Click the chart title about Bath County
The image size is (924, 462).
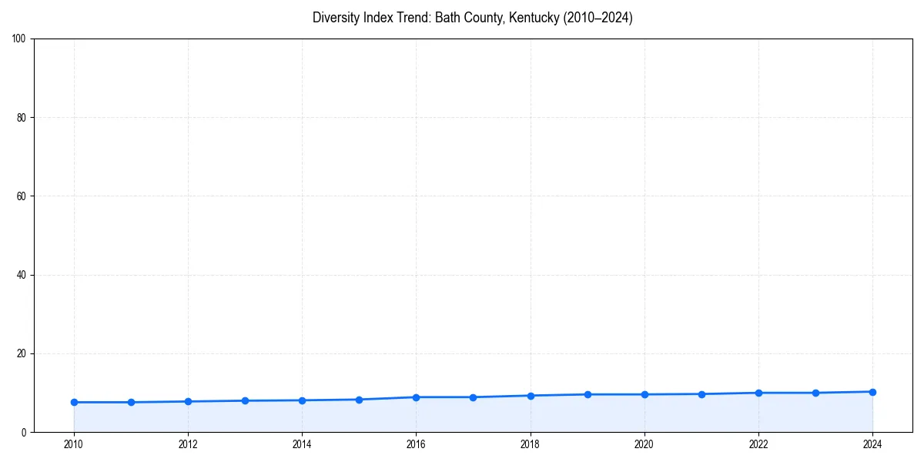tap(472, 18)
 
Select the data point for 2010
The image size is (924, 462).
tap(74, 402)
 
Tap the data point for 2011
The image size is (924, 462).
tap(131, 402)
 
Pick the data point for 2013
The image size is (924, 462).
tap(245, 400)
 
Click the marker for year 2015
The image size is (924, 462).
tap(359, 400)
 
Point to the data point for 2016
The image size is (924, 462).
tap(416, 397)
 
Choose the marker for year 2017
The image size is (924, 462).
tap(473, 397)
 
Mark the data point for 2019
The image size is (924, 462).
tap(588, 394)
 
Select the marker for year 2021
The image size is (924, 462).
tap(701, 394)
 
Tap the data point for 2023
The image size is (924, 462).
tap(815, 393)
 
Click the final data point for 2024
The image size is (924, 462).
tap(872, 392)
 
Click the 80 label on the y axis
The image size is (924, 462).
tap(22, 118)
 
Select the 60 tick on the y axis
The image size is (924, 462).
tap(22, 196)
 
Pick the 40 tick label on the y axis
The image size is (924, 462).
tap(22, 275)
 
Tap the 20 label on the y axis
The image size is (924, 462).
tap(22, 353)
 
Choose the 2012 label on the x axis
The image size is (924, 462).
tap(188, 444)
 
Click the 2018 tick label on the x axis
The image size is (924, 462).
tap(530, 444)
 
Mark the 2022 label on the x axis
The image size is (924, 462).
tap(758, 444)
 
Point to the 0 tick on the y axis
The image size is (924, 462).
tap(25, 432)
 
